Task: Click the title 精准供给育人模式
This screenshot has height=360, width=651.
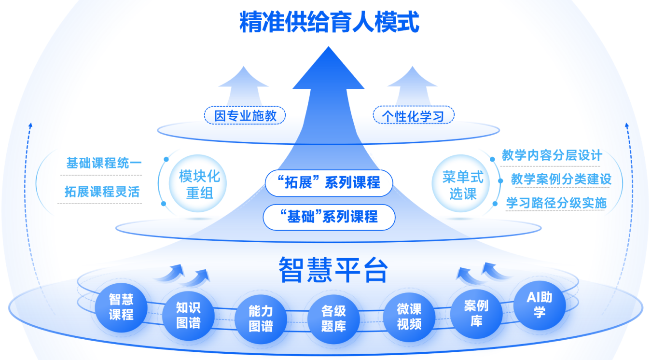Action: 329,23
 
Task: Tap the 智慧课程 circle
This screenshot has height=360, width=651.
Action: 121,307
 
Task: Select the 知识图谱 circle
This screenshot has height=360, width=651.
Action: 188,315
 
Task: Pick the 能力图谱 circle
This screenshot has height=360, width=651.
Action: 261,318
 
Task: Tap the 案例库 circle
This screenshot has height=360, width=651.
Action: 476,313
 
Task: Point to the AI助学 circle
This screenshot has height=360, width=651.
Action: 540,304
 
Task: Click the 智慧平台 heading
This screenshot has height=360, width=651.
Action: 333,269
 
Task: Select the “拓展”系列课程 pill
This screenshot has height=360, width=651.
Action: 329,183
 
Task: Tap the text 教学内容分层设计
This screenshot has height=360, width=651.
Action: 552,155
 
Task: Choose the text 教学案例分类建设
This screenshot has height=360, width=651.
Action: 561,180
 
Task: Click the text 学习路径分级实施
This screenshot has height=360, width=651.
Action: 556,203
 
